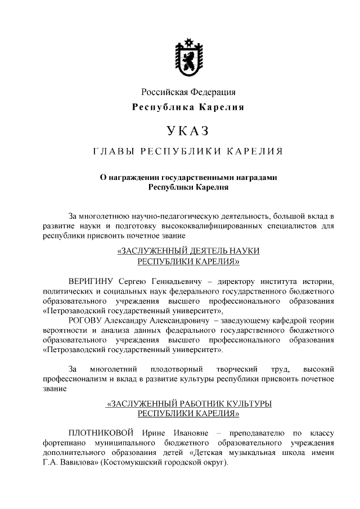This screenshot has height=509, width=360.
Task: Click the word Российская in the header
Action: coord(163,92)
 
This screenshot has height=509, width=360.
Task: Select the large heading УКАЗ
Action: coord(188,130)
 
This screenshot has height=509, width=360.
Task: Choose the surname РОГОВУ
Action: coord(85,320)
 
